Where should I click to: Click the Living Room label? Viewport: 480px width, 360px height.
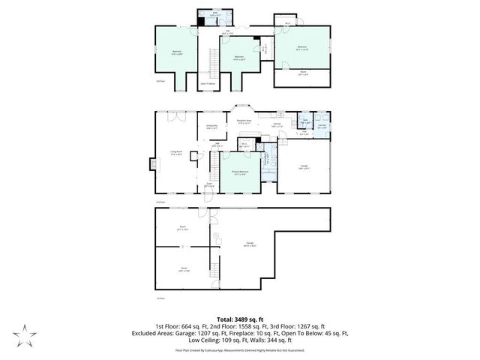pyautogui.click(x=177, y=154)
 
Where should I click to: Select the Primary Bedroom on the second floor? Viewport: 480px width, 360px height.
pyautogui.click(x=240, y=173)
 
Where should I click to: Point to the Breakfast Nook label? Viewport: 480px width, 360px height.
pyautogui.click(x=243, y=121)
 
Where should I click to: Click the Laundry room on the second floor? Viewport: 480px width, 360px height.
pyautogui.click(x=322, y=127)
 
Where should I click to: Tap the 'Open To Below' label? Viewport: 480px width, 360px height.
pyautogui.click(x=208, y=82)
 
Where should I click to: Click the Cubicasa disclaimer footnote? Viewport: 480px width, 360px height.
pyautogui.click(x=240, y=350)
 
